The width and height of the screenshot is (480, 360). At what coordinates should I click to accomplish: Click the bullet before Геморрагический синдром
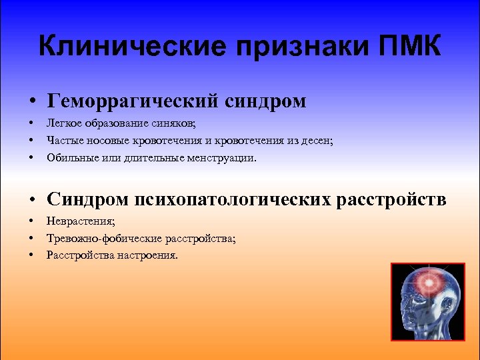[x=32, y=102]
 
